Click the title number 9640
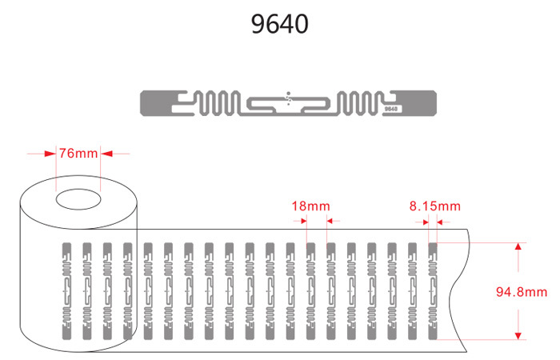(279, 24)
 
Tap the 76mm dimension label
(77, 153)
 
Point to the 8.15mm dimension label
(435, 206)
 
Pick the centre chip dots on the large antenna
(290, 98)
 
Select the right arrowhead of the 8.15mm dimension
(441, 221)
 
